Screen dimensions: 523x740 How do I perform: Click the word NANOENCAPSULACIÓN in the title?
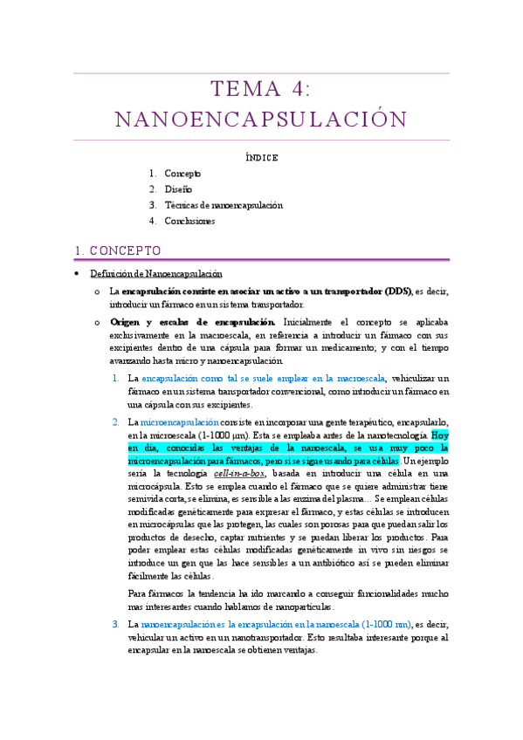[261, 119]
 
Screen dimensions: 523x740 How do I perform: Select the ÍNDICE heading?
[261, 158]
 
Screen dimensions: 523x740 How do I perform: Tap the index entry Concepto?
[182, 174]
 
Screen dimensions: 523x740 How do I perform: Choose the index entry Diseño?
[178, 189]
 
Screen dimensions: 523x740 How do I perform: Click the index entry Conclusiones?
[189, 221]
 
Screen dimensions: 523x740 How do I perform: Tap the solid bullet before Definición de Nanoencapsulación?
[78, 274]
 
